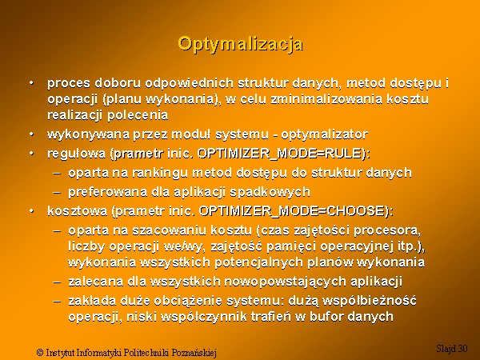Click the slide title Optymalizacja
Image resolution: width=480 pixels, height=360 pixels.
241,44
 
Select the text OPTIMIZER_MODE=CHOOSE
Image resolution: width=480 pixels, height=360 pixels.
291,211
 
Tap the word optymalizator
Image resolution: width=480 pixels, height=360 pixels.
325,134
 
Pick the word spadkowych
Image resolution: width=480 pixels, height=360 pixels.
270,192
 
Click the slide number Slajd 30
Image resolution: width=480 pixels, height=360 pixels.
452,348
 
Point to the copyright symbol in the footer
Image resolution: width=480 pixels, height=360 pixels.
40,352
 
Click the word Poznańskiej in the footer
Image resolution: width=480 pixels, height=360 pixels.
194,353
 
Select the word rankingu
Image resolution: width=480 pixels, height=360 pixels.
159,173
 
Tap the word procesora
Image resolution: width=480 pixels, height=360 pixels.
387,231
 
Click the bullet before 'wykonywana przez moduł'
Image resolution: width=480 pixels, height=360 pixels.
31,134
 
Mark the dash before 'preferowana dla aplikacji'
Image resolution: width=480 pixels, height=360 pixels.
57,193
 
